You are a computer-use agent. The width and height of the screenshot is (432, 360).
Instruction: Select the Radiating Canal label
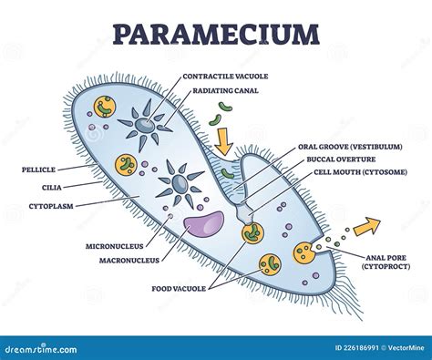217,89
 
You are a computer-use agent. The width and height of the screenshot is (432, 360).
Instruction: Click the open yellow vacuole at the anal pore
304,252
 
